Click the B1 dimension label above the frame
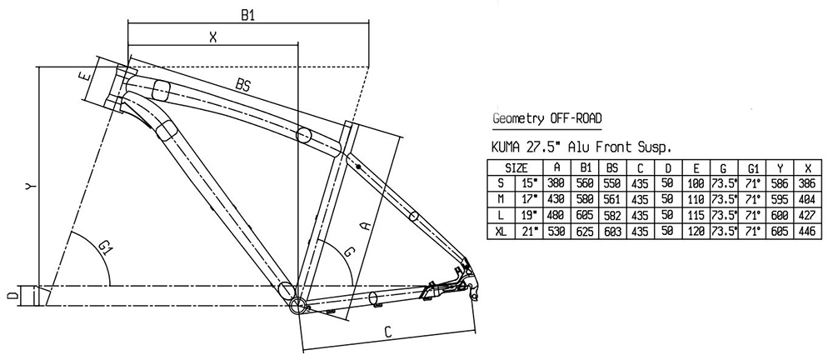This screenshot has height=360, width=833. (247, 13)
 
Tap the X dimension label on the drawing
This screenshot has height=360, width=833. (213, 37)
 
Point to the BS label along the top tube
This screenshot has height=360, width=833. (243, 85)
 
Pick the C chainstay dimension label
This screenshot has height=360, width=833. (389, 332)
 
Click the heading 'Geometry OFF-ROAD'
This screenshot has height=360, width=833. (546, 117)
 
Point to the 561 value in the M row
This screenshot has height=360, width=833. (612, 198)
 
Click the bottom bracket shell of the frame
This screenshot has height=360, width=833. (298, 305)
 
